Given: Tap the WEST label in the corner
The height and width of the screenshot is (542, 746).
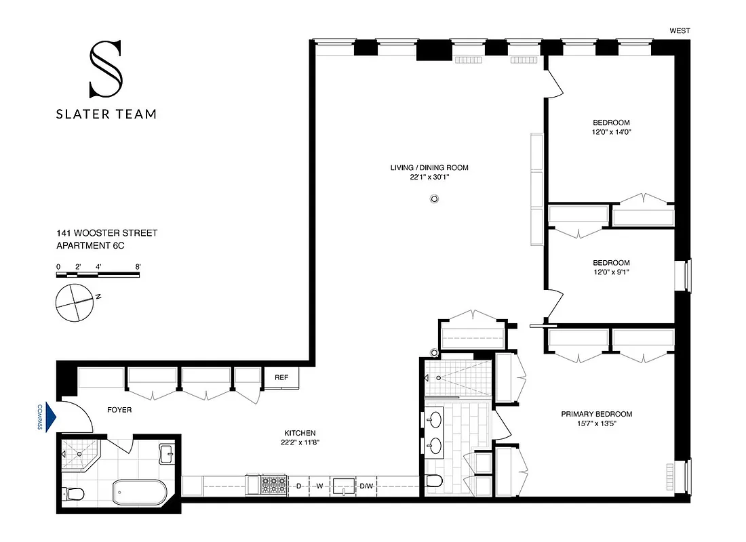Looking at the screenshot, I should [680, 30].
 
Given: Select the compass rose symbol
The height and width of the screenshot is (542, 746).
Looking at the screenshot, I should [71, 302].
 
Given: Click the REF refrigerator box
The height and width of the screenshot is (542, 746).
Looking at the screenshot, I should [281, 378].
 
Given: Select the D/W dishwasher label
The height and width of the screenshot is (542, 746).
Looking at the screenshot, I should [366, 486].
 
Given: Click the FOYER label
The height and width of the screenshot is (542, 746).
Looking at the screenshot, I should [119, 410].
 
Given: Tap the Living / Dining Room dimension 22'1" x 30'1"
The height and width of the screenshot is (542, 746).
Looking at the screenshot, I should [429, 178].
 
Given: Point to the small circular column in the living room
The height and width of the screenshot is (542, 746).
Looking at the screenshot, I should [435, 199].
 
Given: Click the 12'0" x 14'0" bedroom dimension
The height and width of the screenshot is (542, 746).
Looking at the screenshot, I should [611, 132].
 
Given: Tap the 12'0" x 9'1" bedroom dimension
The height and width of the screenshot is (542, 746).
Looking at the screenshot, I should [611, 272].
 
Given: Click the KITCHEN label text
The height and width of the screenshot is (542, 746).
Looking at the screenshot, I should [300, 433].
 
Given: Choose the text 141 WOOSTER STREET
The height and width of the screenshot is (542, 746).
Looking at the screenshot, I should [107, 233].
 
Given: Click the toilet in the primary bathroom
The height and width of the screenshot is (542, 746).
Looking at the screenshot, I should [435, 481].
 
